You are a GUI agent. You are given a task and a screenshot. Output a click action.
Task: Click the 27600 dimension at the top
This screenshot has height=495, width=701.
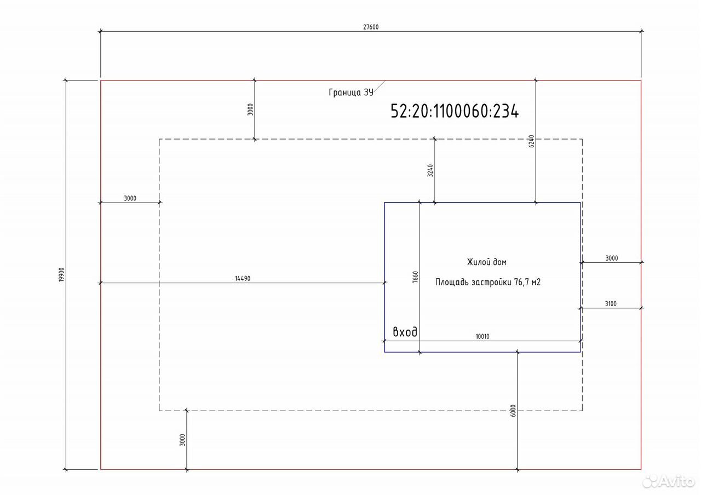[x=371, y=27]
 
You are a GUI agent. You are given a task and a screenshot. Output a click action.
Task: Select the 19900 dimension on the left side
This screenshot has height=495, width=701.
[x=61, y=274]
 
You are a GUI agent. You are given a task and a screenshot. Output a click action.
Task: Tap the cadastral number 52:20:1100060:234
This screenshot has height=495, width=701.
[x=455, y=111]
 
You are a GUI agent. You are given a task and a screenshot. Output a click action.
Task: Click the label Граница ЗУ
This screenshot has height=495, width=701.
[x=351, y=93]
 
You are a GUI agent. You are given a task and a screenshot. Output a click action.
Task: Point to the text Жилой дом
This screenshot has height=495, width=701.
[x=487, y=262]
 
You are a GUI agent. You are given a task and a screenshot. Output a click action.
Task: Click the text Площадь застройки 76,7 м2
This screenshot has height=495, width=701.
[x=488, y=282]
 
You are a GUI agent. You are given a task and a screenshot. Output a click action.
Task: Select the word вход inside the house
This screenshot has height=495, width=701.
[x=405, y=332]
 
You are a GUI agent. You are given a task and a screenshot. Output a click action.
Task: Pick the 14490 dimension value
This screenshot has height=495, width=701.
[x=243, y=279]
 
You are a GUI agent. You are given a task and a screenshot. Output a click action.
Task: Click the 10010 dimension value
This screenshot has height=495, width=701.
[x=482, y=337]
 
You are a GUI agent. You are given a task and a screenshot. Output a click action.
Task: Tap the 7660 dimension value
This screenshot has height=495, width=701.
[x=415, y=277]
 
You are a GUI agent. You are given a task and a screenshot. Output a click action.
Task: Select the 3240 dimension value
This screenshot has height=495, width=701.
[x=430, y=170]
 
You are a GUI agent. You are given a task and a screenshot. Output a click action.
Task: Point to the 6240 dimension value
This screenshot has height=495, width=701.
[x=531, y=141]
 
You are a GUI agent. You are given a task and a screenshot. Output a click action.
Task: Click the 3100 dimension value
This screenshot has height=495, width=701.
[x=611, y=303]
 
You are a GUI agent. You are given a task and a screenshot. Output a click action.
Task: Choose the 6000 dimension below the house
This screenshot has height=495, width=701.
[x=513, y=411]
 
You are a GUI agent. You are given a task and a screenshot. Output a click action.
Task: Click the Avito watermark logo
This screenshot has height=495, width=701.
[x=668, y=481]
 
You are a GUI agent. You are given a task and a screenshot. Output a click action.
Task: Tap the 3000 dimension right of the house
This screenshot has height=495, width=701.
[x=612, y=258]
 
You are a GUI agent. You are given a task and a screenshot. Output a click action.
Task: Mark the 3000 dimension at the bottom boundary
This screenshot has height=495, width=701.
[x=182, y=440]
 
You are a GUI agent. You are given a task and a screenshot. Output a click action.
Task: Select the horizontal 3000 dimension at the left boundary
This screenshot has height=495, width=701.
[x=130, y=198]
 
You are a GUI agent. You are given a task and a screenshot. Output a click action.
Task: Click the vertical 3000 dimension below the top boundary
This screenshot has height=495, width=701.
[x=250, y=110]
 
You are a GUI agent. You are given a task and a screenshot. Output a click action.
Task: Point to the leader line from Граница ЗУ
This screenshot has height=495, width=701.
[x=380, y=87]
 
